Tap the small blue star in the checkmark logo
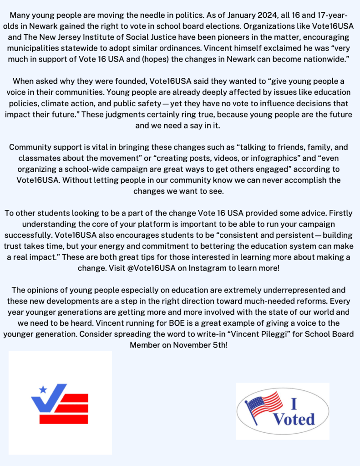[x=44, y=389]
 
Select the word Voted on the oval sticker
[x=294, y=419]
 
